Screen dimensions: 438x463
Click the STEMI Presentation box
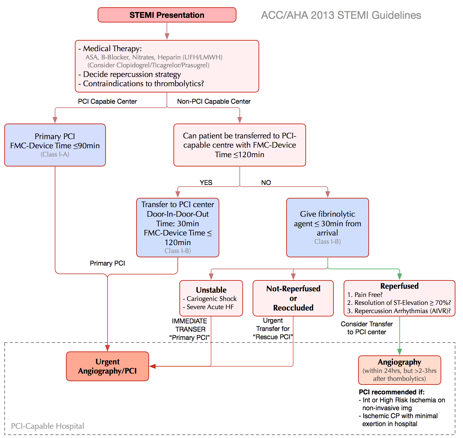point(167,15)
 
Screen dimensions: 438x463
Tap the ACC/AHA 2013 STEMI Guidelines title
point(341,15)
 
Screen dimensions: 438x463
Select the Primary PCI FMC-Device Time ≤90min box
point(55,145)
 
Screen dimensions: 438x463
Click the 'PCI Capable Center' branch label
point(107,101)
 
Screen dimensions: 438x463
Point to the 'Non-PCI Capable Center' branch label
point(214,101)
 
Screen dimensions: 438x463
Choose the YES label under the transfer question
point(206,183)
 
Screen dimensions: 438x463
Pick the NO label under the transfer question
point(266,183)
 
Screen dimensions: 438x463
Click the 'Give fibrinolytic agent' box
point(327,227)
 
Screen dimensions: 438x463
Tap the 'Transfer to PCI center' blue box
point(178,227)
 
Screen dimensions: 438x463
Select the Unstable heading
point(211,290)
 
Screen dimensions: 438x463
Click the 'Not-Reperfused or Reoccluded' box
point(293,298)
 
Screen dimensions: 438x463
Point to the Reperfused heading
point(399,286)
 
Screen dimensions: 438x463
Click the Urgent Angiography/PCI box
point(108,366)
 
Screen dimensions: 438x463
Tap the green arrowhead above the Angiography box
point(399,352)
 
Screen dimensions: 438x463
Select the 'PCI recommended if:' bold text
point(391,392)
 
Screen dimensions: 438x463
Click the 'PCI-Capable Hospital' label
point(47,426)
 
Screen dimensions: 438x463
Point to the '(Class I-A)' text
point(55,154)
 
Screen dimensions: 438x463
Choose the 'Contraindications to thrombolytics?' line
point(143,84)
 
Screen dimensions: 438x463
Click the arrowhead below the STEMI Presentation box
point(167,36)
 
